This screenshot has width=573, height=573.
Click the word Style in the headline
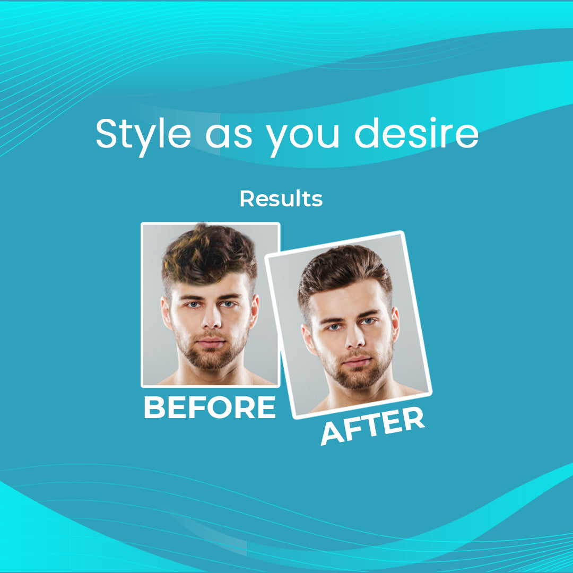click(x=143, y=135)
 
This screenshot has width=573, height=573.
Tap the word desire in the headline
click(x=416, y=133)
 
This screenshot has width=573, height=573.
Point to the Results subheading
click(x=281, y=199)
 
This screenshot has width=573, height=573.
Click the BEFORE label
click(x=210, y=407)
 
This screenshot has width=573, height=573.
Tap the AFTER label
click(x=373, y=425)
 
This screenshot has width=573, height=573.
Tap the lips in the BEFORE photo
click(x=211, y=342)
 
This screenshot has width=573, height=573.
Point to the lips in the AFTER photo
click(x=358, y=361)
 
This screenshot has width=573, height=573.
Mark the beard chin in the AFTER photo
click(x=360, y=378)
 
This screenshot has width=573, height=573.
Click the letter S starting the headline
click(x=107, y=133)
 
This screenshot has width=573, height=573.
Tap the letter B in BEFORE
click(x=154, y=407)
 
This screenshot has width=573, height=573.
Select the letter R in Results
click(x=247, y=198)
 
